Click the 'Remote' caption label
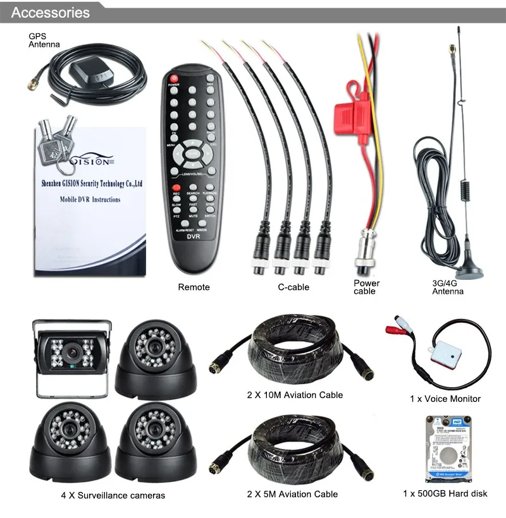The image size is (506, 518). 194,287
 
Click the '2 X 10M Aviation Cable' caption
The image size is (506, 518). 295,395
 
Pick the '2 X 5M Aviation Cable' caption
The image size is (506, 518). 292,494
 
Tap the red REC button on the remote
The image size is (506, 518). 176,188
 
